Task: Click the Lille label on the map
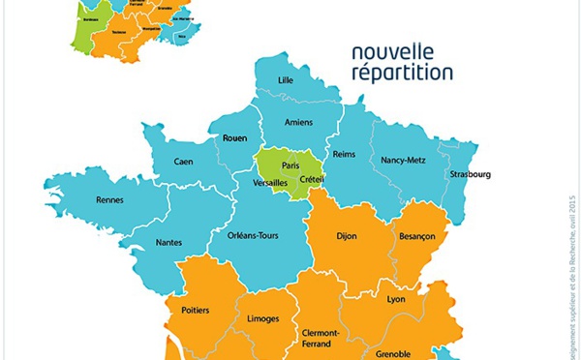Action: coord(286,79)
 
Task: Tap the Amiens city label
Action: coord(299,122)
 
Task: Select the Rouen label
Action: coord(235,138)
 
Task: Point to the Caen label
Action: coord(184,162)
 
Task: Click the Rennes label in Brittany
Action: coord(109,200)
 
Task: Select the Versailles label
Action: coord(271,182)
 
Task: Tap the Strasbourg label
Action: coord(470,174)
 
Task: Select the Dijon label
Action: coord(346,235)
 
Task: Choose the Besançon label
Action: coord(417,235)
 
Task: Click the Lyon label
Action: coord(395,300)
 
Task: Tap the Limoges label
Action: coord(264,318)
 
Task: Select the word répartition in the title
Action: coord(402,72)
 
